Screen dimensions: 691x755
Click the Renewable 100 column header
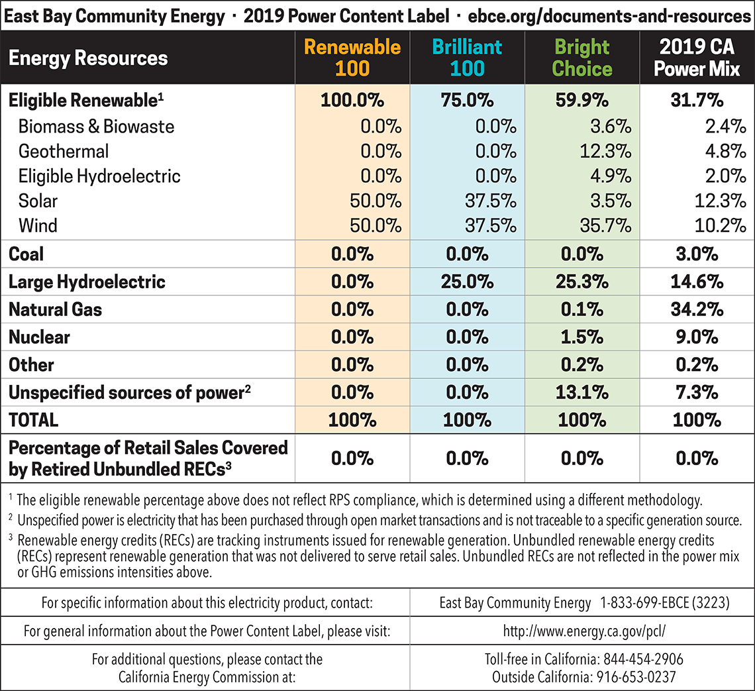352,58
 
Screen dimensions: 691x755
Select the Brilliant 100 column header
467,58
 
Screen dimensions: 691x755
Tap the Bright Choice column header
582,58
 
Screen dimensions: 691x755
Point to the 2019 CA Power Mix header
697,58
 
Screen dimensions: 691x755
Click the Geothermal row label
64,151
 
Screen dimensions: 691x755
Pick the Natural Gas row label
55,309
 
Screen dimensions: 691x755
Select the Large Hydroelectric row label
87,282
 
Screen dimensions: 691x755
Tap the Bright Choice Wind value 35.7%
603,225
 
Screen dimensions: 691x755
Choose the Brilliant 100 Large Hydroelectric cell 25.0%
467,282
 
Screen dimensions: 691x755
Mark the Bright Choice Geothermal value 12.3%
603,151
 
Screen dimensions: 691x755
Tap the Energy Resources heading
88,58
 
